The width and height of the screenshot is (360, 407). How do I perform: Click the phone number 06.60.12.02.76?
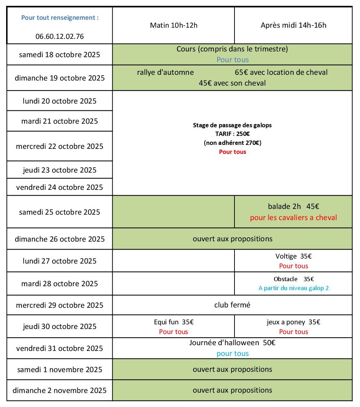(60, 36)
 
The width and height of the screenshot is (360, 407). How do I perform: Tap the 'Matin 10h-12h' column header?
(174, 26)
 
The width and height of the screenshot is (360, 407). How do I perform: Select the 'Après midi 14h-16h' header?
(293, 26)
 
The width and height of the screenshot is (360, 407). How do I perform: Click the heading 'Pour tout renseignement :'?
(60, 17)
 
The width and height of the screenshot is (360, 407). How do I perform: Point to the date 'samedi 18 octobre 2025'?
(60, 55)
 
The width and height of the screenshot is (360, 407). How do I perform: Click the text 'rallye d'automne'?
(165, 72)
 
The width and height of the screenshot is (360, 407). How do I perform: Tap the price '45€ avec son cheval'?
(232, 83)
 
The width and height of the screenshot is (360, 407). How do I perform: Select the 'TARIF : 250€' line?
(232, 134)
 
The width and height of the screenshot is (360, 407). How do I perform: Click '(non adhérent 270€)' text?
(232, 143)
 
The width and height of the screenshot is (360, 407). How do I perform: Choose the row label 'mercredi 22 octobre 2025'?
(60, 146)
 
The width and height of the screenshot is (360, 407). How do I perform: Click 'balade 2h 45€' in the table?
(293, 206)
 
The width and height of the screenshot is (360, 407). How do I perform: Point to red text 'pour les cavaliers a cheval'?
(293, 218)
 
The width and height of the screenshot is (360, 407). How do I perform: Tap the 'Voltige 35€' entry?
(293, 256)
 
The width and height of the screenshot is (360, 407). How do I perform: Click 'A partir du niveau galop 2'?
(293, 288)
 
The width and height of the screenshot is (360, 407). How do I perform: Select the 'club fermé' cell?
(232, 305)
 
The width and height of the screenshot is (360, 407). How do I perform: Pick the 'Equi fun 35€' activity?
(174, 322)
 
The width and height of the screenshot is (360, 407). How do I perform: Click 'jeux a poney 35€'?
(293, 322)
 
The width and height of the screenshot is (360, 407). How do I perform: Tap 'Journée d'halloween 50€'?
(232, 343)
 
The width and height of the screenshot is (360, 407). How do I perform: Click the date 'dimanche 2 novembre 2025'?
(60, 390)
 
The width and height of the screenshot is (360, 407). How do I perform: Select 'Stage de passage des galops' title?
(232, 125)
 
